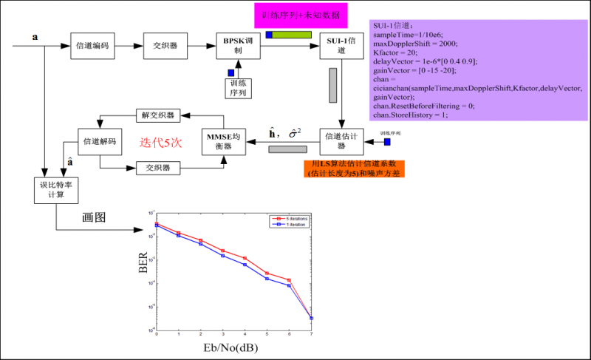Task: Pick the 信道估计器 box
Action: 341,141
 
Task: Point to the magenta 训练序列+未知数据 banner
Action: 305,15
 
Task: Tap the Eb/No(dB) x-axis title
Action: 233,347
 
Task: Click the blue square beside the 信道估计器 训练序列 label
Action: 387,141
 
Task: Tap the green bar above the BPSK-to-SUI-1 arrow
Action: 293,35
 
